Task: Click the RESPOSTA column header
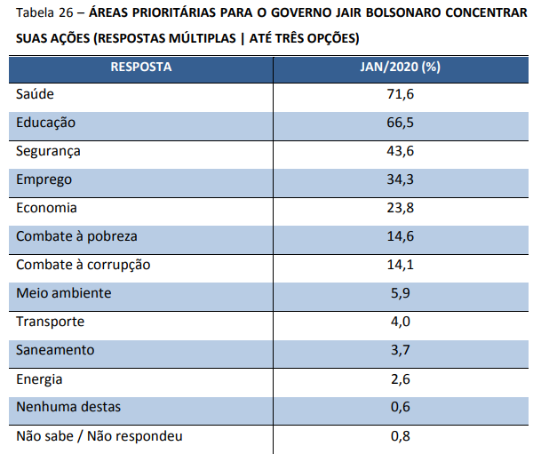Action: coord(140,68)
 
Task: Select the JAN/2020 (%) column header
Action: coord(400,68)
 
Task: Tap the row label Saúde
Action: coord(36,93)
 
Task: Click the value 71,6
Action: coord(400,93)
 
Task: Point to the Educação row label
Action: coord(46,122)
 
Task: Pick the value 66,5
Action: coord(400,122)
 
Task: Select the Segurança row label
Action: coord(49,150)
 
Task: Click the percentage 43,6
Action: coord(400,150)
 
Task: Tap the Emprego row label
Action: coord(44,179)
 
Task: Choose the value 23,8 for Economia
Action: coord(400,207)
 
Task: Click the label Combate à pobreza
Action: coord(76,236)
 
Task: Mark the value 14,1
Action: coord(400,264)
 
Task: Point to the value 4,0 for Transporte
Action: coord(400,322)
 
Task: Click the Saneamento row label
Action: coord(55,350)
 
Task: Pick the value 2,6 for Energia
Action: coord(400,378)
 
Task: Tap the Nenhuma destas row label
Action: coord(68,407)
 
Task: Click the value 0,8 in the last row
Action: coord(400,436)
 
